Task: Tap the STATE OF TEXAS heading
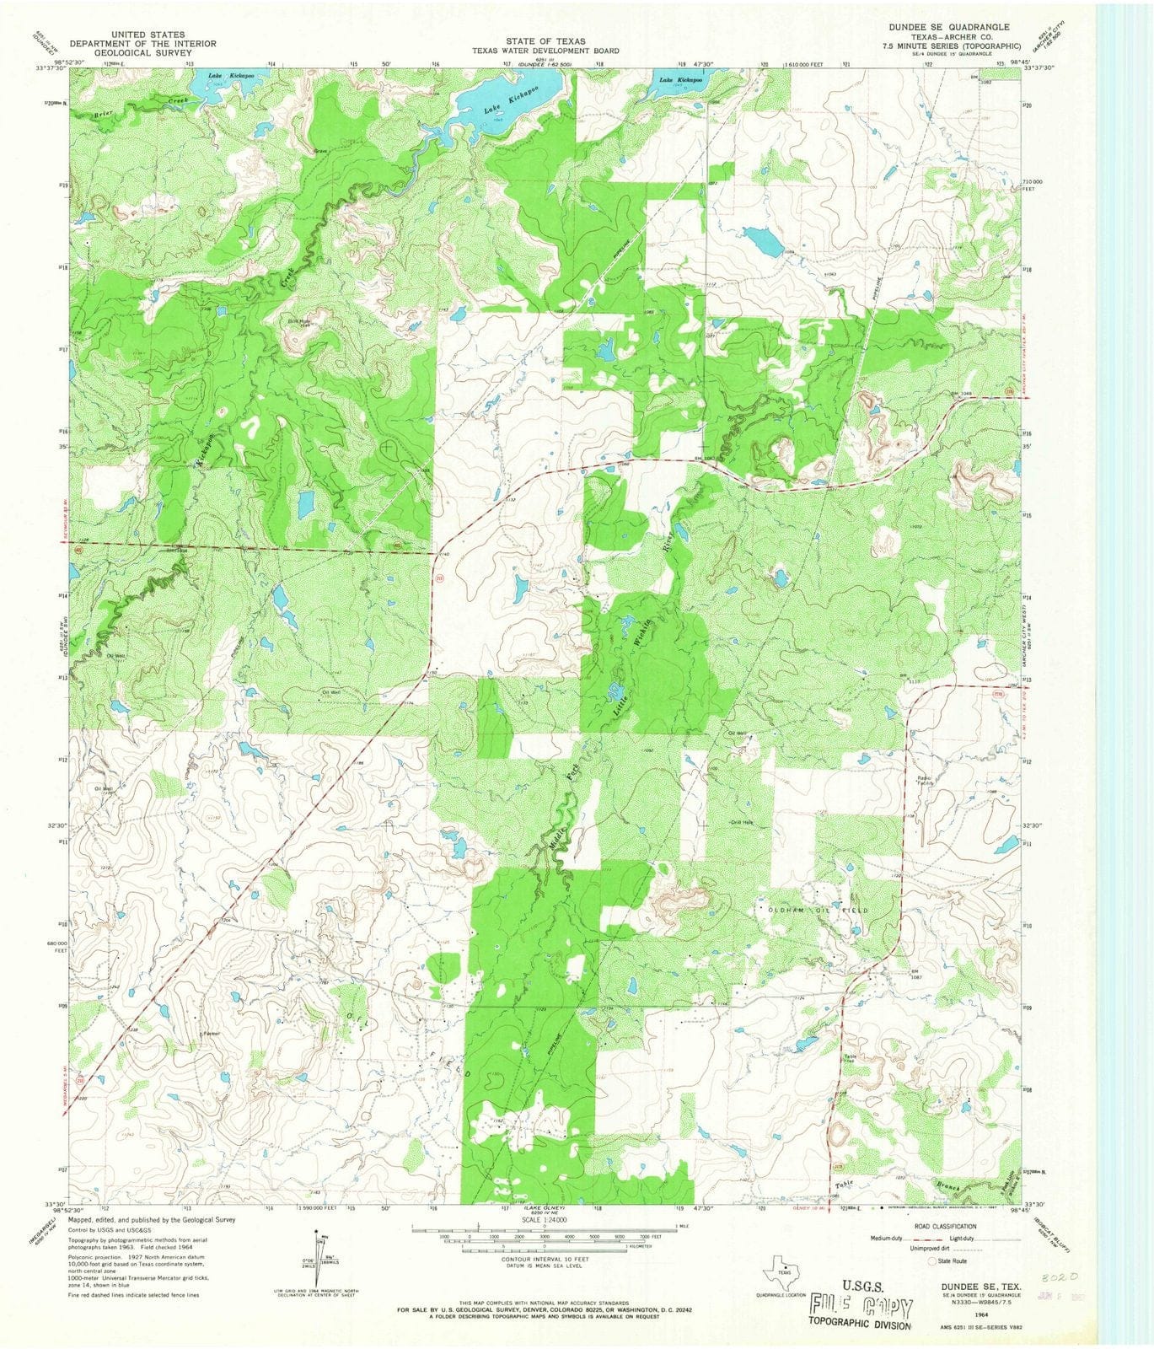tap(545, 40)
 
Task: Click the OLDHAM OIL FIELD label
tap(815, 911)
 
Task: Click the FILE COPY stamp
tap(860, 1308)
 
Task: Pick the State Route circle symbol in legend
tap(933, 1261)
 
